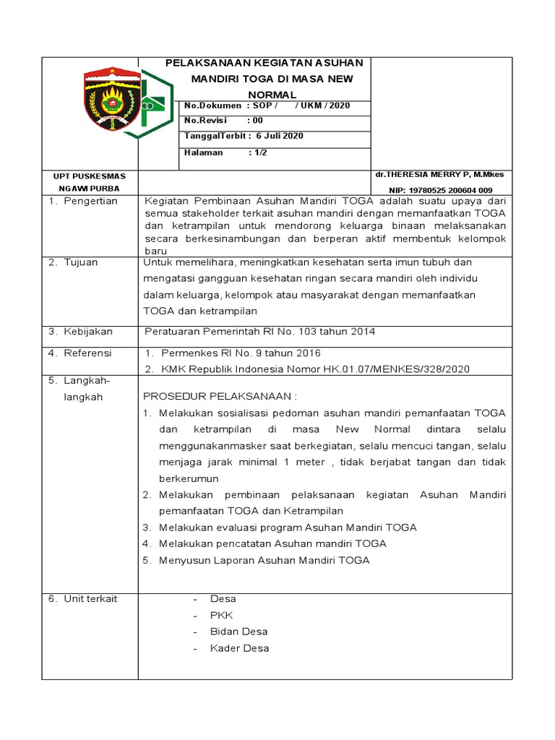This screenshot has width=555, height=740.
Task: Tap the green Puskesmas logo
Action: click(154, 104)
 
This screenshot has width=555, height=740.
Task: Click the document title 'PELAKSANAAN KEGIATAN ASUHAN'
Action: click(265, 63)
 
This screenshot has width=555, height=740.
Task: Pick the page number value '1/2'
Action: click(258, 152)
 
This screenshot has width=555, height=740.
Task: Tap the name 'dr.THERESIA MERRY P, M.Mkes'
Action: click(439, 174)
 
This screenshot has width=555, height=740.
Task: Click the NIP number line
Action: click(440, 190)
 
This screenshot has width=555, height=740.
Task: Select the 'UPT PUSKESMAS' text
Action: click(90, 176)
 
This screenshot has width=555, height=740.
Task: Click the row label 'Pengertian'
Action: click(90, 201)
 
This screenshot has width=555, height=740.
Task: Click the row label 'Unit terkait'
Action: click(90, 598)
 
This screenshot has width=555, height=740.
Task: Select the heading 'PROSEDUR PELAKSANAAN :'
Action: click(220, 396)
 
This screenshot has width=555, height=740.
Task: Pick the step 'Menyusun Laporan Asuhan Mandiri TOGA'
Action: click(264, 560)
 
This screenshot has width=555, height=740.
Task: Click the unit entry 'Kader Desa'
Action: click(239, 648)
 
